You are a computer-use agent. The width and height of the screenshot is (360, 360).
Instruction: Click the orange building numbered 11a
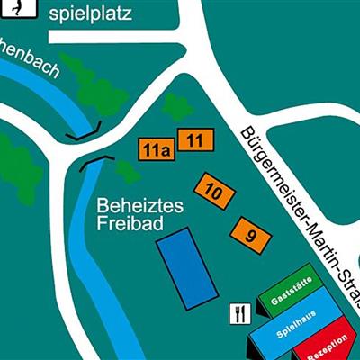coord(155,149)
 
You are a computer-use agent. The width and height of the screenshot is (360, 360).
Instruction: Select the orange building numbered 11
coord(195,139)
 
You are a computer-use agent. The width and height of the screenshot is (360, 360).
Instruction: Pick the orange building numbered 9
coord(250,235)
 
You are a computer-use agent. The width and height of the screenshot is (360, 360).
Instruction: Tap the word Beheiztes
coord(139,206)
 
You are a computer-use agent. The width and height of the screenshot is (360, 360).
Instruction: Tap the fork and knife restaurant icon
coord(239,312)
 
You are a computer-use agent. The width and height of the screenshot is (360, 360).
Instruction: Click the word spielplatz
coord(90,13)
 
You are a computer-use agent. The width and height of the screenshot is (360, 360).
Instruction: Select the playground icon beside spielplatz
coord(18,7)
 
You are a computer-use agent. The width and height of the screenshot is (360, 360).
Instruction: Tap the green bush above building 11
coord(176,107)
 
